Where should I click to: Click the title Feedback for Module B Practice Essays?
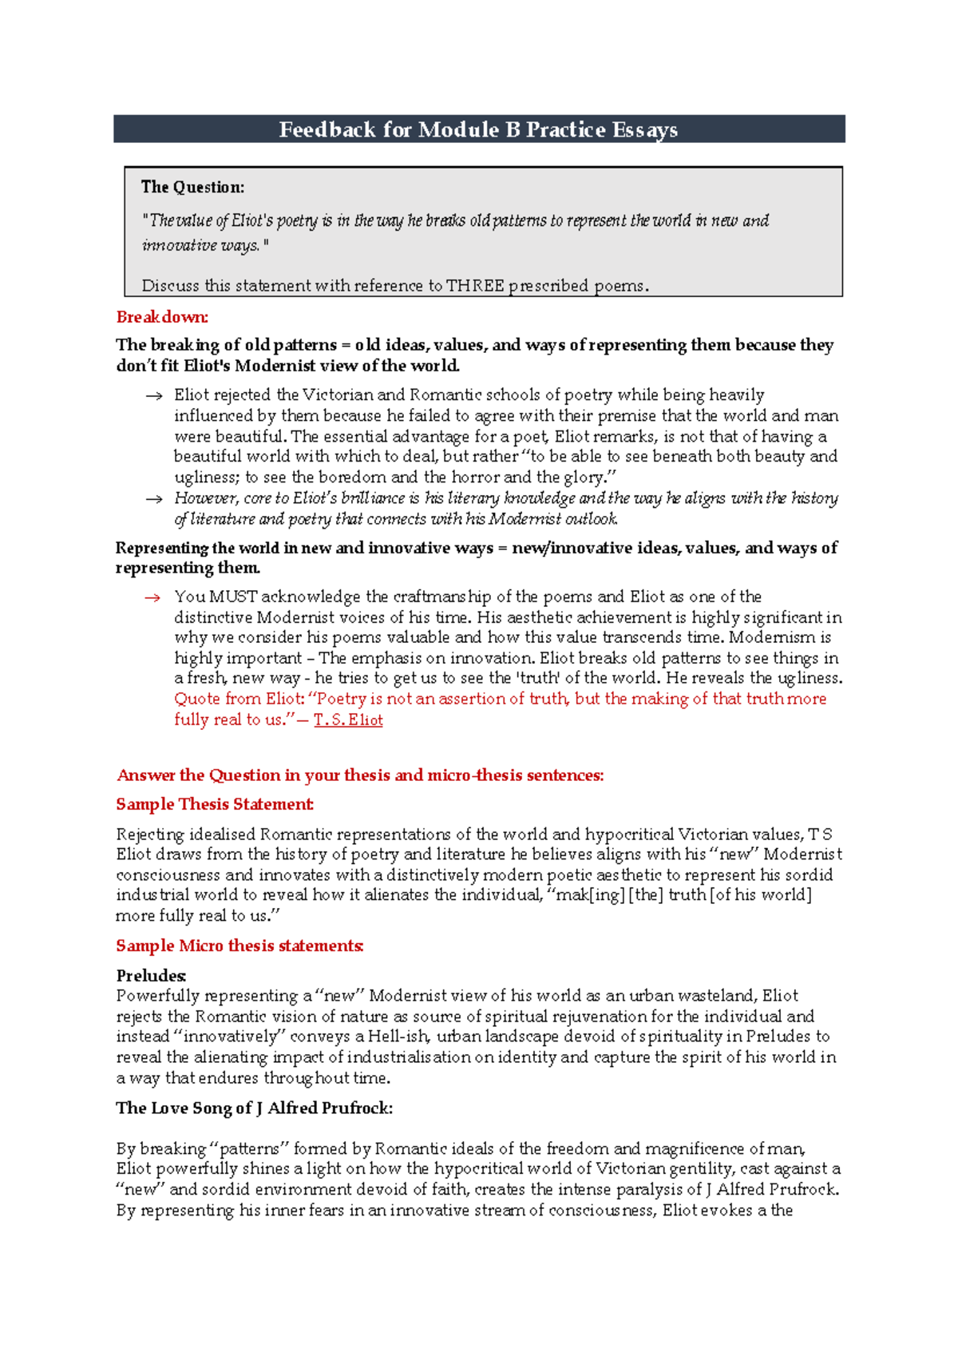click(x=478, y=129)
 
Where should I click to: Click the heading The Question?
click(x=192, y=188)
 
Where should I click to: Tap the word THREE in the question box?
click(x=475, y=286)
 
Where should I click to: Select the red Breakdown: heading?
click(x=162, y=317)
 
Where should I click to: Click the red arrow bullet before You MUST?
click(x=152, y=597)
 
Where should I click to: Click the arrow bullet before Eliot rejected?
click(x=153, y=395)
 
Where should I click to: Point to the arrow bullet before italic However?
click(x=153, y=499)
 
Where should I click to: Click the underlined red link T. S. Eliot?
click(x=348, y=720)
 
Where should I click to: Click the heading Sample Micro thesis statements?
click(x=239, y=946)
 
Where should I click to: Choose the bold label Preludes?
click(x=152, y=975)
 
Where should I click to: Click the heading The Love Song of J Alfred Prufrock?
click(x=254, y=1108)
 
